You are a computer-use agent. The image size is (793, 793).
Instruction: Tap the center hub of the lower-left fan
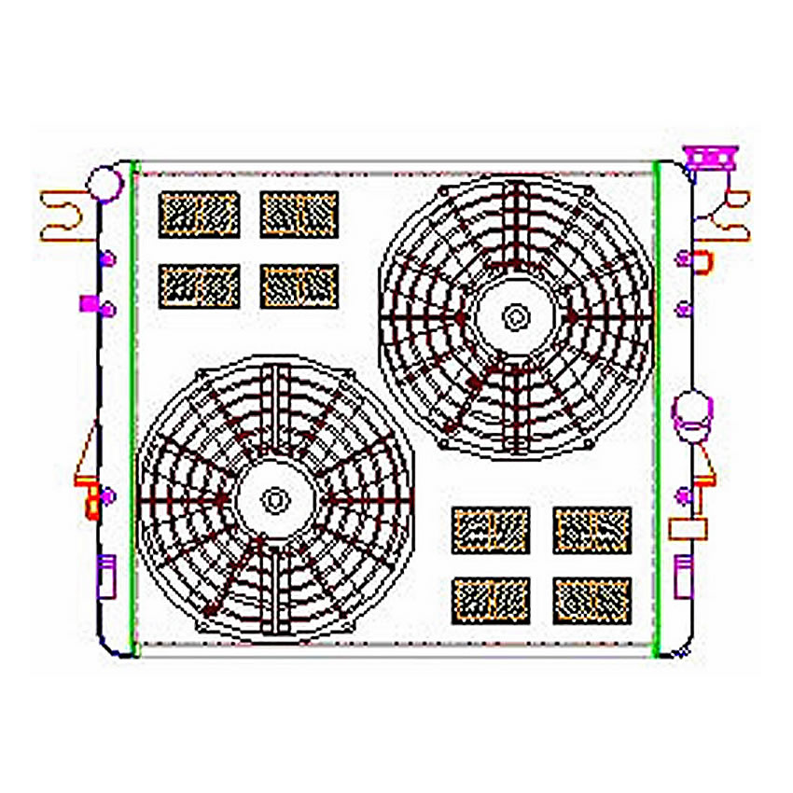(x=274, y=500)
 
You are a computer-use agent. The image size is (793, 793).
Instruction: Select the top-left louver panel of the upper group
(x=199, y=215)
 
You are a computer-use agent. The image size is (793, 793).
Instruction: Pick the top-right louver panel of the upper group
(x=299, y=215)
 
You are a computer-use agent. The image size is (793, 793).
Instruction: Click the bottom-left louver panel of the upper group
(x=199, y=285)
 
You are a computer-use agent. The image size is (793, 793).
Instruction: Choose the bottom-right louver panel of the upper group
(x=299, y=285)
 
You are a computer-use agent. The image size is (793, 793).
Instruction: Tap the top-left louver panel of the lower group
(x=491, y=530)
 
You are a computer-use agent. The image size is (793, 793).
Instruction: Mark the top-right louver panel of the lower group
(x=591, y=530)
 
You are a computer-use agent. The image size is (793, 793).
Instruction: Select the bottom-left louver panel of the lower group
(x=491, y=601)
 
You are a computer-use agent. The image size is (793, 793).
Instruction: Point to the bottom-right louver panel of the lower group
(x=591, y=601)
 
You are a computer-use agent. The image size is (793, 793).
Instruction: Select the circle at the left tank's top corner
(x=108, y=181)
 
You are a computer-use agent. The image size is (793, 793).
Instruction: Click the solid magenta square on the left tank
(x=89, y=302)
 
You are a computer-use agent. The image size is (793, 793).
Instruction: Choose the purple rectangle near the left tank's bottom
(x=106, y=575)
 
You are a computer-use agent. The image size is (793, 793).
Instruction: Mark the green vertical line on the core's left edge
(x=135, y=410)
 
